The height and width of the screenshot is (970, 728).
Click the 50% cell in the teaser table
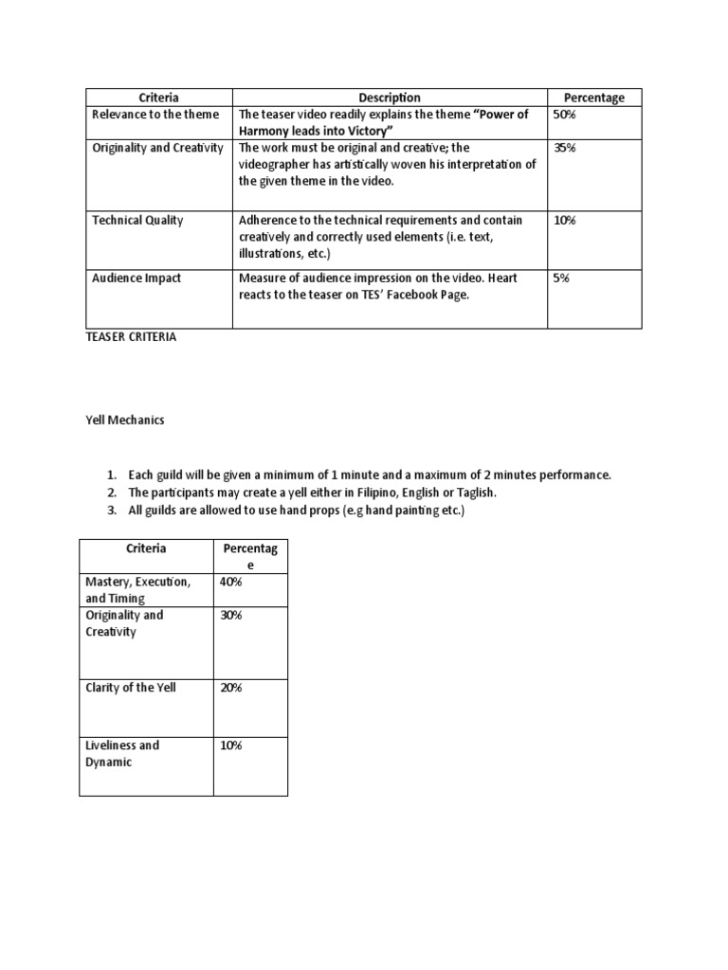565,115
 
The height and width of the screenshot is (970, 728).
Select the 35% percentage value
565,148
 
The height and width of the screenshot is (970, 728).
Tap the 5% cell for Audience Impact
562,278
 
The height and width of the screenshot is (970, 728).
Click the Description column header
389,98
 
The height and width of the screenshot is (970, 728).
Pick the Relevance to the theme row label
155,115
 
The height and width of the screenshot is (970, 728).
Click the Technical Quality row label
137,221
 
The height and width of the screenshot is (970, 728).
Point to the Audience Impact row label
136,278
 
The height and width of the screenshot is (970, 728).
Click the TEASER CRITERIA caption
131,337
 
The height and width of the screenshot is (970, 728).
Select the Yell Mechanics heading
124,421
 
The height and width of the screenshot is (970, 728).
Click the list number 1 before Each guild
111,475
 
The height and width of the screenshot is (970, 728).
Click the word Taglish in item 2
476,494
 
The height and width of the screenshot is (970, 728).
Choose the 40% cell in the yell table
230,582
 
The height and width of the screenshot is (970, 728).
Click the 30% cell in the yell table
230,615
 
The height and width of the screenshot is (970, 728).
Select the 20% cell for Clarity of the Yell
230,688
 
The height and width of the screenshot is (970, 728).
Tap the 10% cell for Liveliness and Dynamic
230,745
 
